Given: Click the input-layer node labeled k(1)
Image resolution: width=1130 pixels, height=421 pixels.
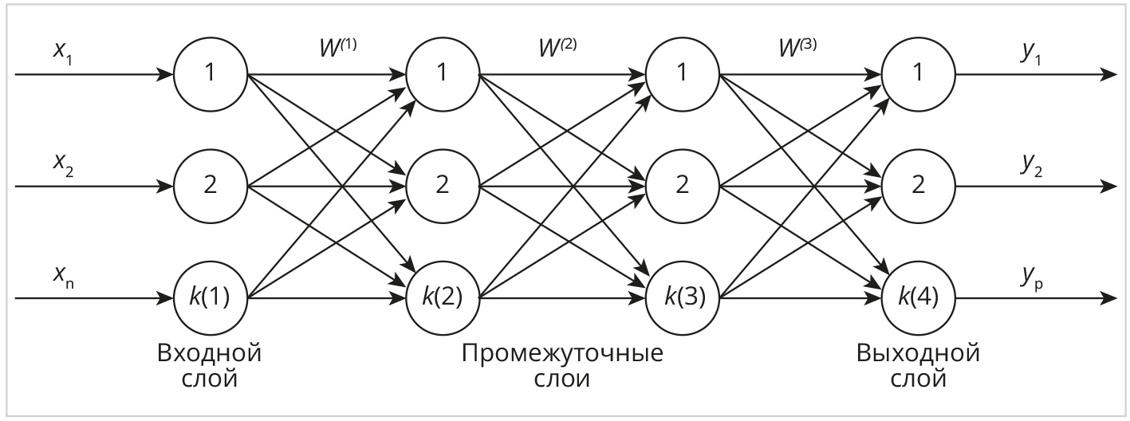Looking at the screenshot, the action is pos(211,298).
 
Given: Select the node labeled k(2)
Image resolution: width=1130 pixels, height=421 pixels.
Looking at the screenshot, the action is pos(443,298).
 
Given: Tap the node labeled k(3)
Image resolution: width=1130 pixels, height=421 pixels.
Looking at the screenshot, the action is pos(683,298).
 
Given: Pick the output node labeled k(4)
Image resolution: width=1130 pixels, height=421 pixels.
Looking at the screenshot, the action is pos(918,298).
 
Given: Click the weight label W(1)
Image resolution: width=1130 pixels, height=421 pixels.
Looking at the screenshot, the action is pos(338,48).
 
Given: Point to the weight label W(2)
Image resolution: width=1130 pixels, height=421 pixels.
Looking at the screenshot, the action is pos(557,48).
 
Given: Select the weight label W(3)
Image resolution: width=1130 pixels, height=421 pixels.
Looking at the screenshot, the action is pos(797,48).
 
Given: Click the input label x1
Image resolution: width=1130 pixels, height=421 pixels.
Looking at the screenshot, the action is pos(63,53).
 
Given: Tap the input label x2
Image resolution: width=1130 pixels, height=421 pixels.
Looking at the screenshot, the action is pos(63,165).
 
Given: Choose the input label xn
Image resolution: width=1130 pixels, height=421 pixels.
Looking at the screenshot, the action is pos(64,277).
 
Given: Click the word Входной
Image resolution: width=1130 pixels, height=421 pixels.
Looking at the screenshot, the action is pos(210,353).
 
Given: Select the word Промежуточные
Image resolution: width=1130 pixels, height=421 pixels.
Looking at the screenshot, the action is pos(562,354).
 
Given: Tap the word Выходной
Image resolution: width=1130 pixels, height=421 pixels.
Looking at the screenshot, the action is pos(918,353).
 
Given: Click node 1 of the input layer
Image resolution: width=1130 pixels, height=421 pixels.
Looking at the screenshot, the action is pos(211,74).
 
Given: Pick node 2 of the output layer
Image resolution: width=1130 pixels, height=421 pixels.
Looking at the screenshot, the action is pos(918,186).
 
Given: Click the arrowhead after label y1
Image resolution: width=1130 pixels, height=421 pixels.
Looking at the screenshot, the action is pos(1108,75).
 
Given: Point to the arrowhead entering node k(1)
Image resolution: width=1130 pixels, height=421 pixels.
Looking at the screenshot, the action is pos(164,298).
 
